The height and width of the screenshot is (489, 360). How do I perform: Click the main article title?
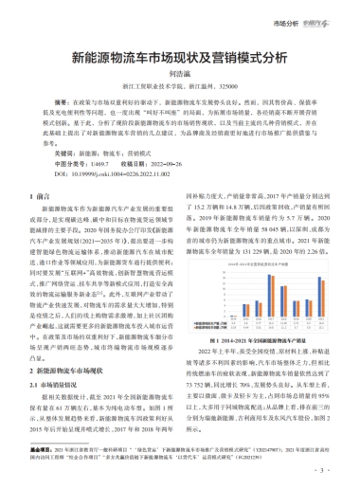pyautogui.click(x=179, y=56)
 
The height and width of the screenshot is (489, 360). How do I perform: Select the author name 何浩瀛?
pyautogui.click(x=179, y=72)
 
